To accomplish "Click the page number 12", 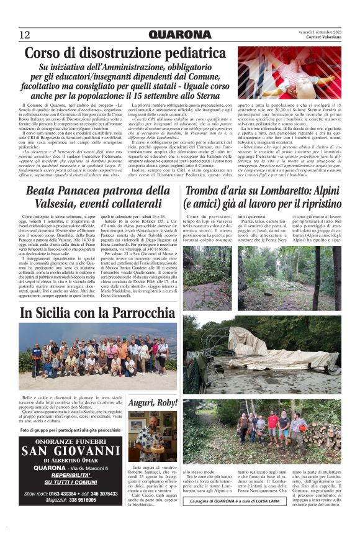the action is [x=25, y=35].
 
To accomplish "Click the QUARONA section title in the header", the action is [x=180, y=35].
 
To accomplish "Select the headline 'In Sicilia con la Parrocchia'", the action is [x=89, y=314].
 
